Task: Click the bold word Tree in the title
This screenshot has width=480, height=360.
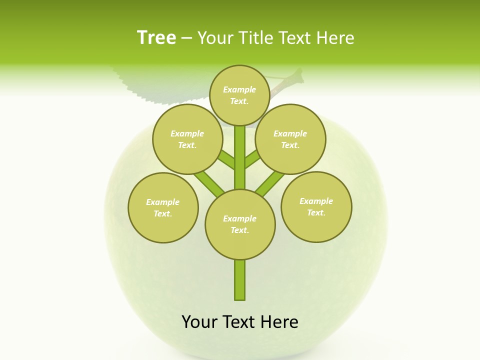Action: click(156, 38)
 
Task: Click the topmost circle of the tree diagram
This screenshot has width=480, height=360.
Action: click(239, 95)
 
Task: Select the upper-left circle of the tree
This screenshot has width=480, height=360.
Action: click(187, 139)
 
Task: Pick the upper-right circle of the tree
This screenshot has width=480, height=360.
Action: click(290, 139)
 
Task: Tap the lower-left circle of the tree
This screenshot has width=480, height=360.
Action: click(163, 207)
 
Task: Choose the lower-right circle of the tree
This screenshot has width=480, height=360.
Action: click(316, 206)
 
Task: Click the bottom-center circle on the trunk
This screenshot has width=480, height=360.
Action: click(240, 224)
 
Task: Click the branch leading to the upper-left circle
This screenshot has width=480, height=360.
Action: click(227, 160)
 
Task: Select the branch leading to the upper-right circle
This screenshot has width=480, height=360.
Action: click(252, 160)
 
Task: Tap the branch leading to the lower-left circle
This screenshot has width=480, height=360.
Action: click(209, 183)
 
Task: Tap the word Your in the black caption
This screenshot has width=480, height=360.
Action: click(200, 322)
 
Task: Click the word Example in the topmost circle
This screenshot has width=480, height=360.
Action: click(239, 89)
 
